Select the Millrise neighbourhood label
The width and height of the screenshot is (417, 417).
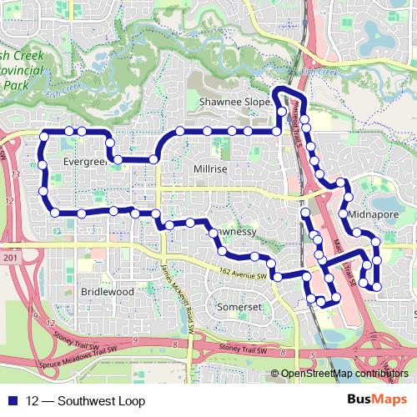click(209, 168)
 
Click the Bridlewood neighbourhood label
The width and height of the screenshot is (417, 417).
click(108, 292)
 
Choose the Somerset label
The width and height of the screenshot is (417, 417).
click(239, 307)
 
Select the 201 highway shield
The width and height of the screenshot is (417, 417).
click(10, 259)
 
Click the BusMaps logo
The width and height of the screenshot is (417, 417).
click(383, 400)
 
